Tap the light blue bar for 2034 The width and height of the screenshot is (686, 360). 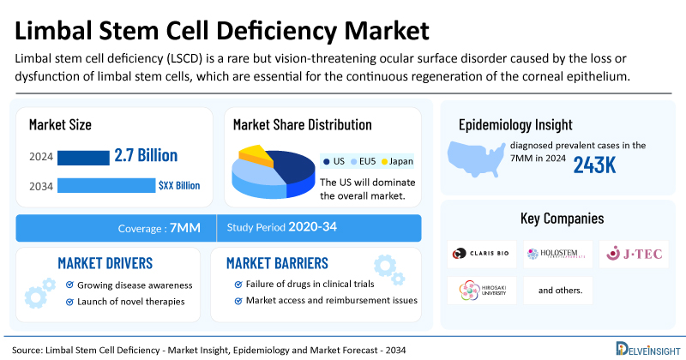(105, 185)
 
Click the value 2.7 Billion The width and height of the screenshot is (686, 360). (146, 156)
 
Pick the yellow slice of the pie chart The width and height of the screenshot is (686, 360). (255, 155)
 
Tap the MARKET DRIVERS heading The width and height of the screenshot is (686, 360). (105, 262)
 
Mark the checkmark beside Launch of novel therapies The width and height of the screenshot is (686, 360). (69, 301)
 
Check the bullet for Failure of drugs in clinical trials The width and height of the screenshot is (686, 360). (238, 284)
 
